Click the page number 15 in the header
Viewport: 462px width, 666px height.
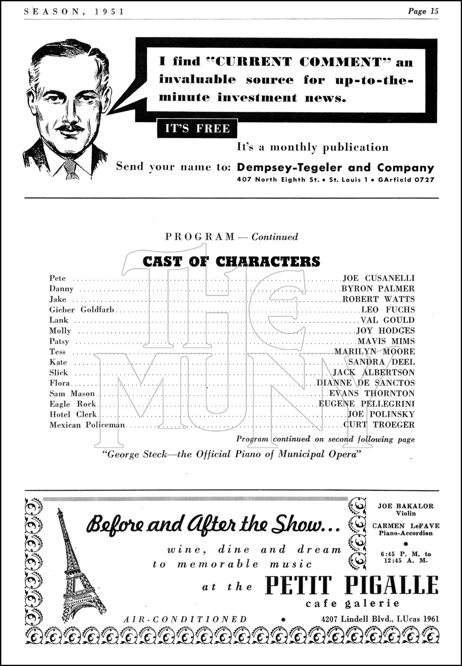(x=433, y=11)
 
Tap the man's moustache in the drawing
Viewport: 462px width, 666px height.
(x=70, y=127)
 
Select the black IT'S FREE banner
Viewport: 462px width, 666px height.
(x=197, y=128)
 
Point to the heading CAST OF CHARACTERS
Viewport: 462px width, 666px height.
(x=231, y=262)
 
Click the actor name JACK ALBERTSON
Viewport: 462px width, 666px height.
(x=374, y=372)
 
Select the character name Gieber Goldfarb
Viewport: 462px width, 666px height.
(x=82, y=310)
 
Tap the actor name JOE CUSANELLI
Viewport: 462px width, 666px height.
(x=378, y=278)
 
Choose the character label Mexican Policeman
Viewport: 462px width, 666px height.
(x=87, y=425)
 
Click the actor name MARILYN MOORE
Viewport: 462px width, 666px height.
(x=375, y=352)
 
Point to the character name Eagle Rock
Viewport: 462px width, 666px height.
(x=73, y=404)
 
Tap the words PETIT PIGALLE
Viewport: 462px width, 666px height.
(x=351, y=586)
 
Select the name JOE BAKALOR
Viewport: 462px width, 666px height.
(x=406, y=506)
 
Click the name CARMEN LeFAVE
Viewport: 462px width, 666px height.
(x=406, y=526)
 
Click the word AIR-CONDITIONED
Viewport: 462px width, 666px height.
(x=185, y=619)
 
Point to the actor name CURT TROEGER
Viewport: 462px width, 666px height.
(x=379, y=425)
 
